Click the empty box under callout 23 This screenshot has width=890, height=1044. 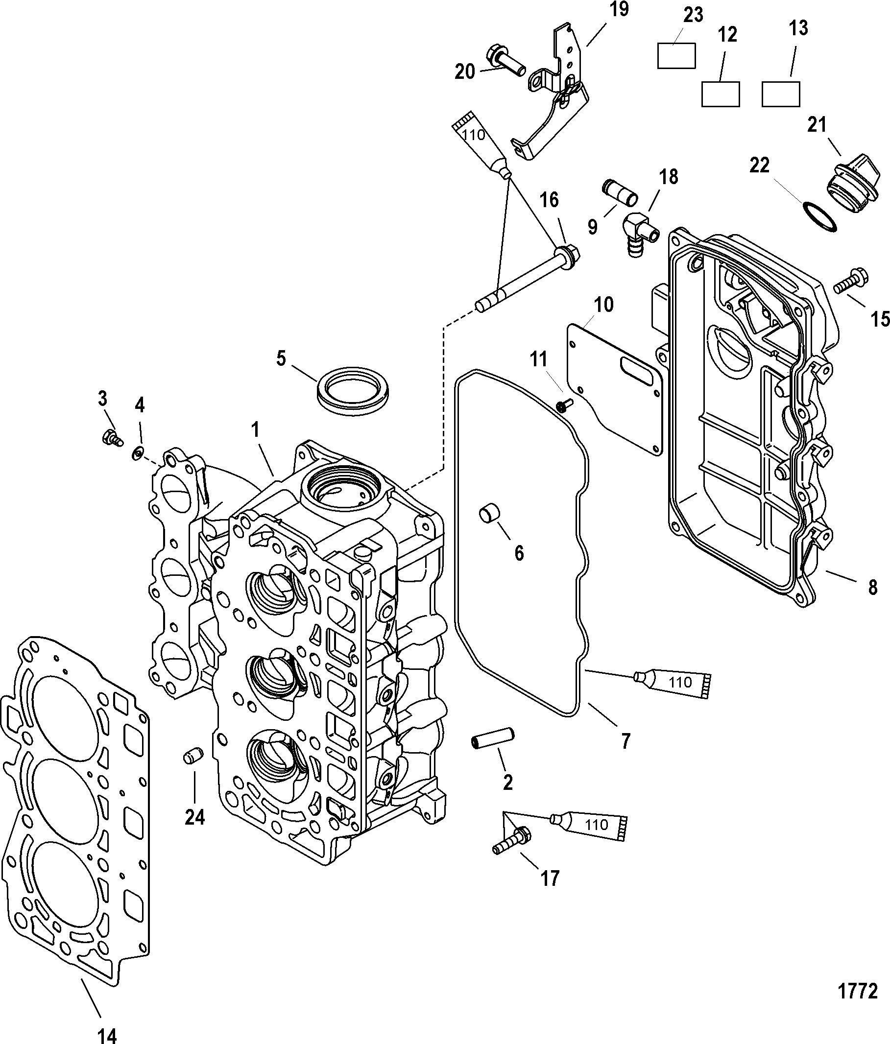click(676, 55)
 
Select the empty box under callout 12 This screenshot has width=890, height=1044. click(721, 94)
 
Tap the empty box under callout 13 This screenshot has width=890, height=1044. click(781, 94)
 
